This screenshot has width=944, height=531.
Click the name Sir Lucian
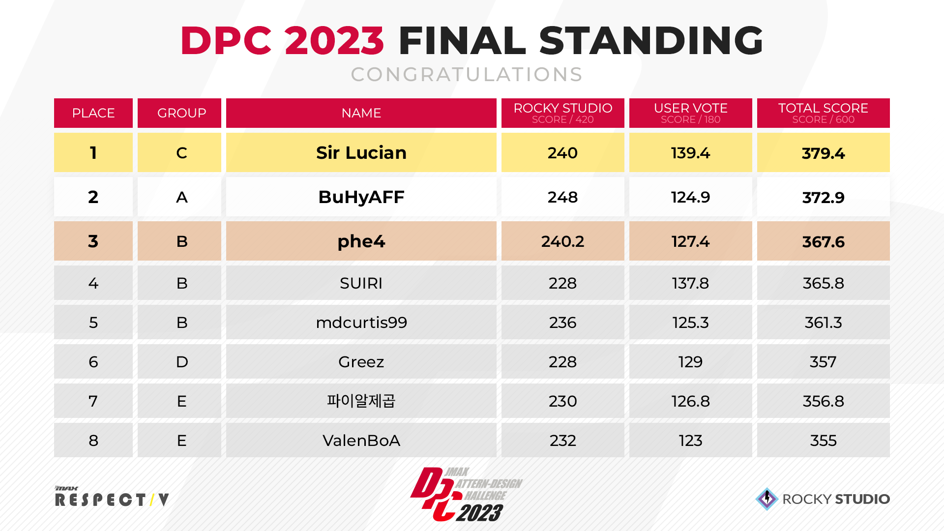pos(361,153)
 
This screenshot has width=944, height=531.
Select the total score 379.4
pos(823,153)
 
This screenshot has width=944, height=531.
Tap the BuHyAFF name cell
pos(361,197)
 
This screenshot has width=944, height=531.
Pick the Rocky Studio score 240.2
pos(562,241)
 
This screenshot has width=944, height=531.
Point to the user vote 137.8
pos(690,283)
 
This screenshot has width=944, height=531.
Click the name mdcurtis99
pos(361,323)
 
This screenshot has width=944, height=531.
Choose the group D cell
pos(181,362)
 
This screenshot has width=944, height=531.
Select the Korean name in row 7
pos(361,401)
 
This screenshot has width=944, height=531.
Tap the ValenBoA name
pos(361,441)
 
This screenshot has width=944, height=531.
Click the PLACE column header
pos(93,113)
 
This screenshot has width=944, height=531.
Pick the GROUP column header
pos(181,113)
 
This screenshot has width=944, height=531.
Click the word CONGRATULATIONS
pos(467,75)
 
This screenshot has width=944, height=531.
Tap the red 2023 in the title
pos(334,40)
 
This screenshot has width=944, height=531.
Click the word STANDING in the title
pos(651,40)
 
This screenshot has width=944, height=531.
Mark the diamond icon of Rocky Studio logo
pos(767,499)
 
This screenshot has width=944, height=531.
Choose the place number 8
pos(93,441)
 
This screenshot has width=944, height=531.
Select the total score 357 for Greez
pos(823,362)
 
